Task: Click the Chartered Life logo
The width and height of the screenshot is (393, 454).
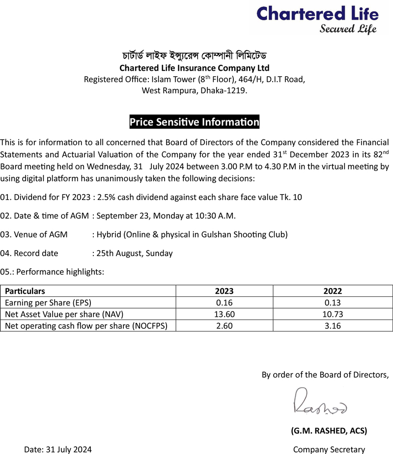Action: point(317,19)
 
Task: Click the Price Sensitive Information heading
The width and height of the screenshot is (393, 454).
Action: point(194,122)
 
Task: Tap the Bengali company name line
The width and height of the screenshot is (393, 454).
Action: point(195,55)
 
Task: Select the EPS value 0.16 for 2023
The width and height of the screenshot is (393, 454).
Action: point(224,303)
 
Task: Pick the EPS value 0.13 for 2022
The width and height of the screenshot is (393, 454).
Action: point(333,303)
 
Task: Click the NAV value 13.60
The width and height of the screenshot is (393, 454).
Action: point(224,314)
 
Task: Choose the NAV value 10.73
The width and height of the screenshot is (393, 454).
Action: point(333,314)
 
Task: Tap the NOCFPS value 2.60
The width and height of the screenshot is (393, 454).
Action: point(224,325)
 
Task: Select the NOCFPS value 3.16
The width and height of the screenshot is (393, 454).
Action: point(333,325)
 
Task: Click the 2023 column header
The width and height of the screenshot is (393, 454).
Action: point(224,291)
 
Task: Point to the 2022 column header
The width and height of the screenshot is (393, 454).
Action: point(333,291)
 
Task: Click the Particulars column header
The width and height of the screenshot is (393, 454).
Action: point(25,291)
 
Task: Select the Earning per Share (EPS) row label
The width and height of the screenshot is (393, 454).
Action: point(48,303)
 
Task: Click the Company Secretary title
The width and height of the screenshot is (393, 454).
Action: point(329,449)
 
